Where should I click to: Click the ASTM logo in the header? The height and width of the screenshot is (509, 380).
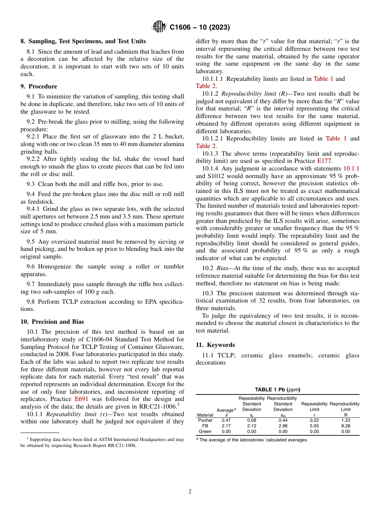click(x=159, y=27)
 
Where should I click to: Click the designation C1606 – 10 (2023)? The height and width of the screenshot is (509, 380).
click(x=200, y=28)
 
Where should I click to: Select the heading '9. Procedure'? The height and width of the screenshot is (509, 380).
click(x=39, y=86)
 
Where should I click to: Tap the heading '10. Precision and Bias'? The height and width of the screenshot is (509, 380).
click(x=52, y=322)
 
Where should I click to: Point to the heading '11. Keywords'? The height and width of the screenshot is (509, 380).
click(x=215, y=345)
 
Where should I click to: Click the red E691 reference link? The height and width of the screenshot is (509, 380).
click(x=81, y=399)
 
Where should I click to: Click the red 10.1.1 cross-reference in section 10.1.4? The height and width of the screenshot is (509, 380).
click(x=351, y=168)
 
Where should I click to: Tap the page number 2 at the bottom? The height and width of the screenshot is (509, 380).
click(x=190, y=492)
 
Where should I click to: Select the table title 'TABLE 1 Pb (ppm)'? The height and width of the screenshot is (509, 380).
click(x=278, y=389)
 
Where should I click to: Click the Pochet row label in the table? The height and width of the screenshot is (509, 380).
click(x=205, y=420)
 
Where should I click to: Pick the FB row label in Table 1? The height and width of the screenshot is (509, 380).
click(x=205, y=426)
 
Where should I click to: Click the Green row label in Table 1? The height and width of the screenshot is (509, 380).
click(x=205, y=431)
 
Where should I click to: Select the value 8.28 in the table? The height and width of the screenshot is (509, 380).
click(x=346, y=426)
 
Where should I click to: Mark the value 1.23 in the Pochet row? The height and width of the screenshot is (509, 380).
click(x=346, y=420)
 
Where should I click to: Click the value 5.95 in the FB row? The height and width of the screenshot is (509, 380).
click(x=314, y=426)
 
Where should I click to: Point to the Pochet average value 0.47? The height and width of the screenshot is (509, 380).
click(x=226, y=420)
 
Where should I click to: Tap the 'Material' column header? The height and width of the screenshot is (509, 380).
click(x=205, y=415)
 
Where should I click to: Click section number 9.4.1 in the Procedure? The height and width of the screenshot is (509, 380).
click(x=35, y=209)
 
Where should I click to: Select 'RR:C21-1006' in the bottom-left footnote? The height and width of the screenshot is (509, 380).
click(x=119, y=445)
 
